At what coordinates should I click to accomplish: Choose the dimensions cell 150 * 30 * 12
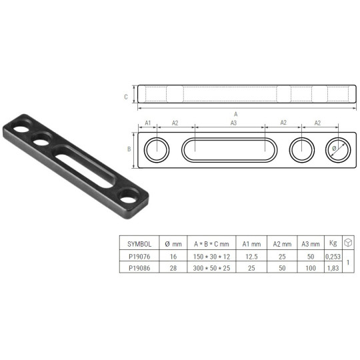215,255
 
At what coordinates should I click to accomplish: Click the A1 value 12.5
252,255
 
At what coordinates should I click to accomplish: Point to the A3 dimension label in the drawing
233,123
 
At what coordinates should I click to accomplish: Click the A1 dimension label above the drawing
148,123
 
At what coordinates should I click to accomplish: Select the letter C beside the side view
126,96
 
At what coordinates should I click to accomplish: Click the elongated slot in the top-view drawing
227,150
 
